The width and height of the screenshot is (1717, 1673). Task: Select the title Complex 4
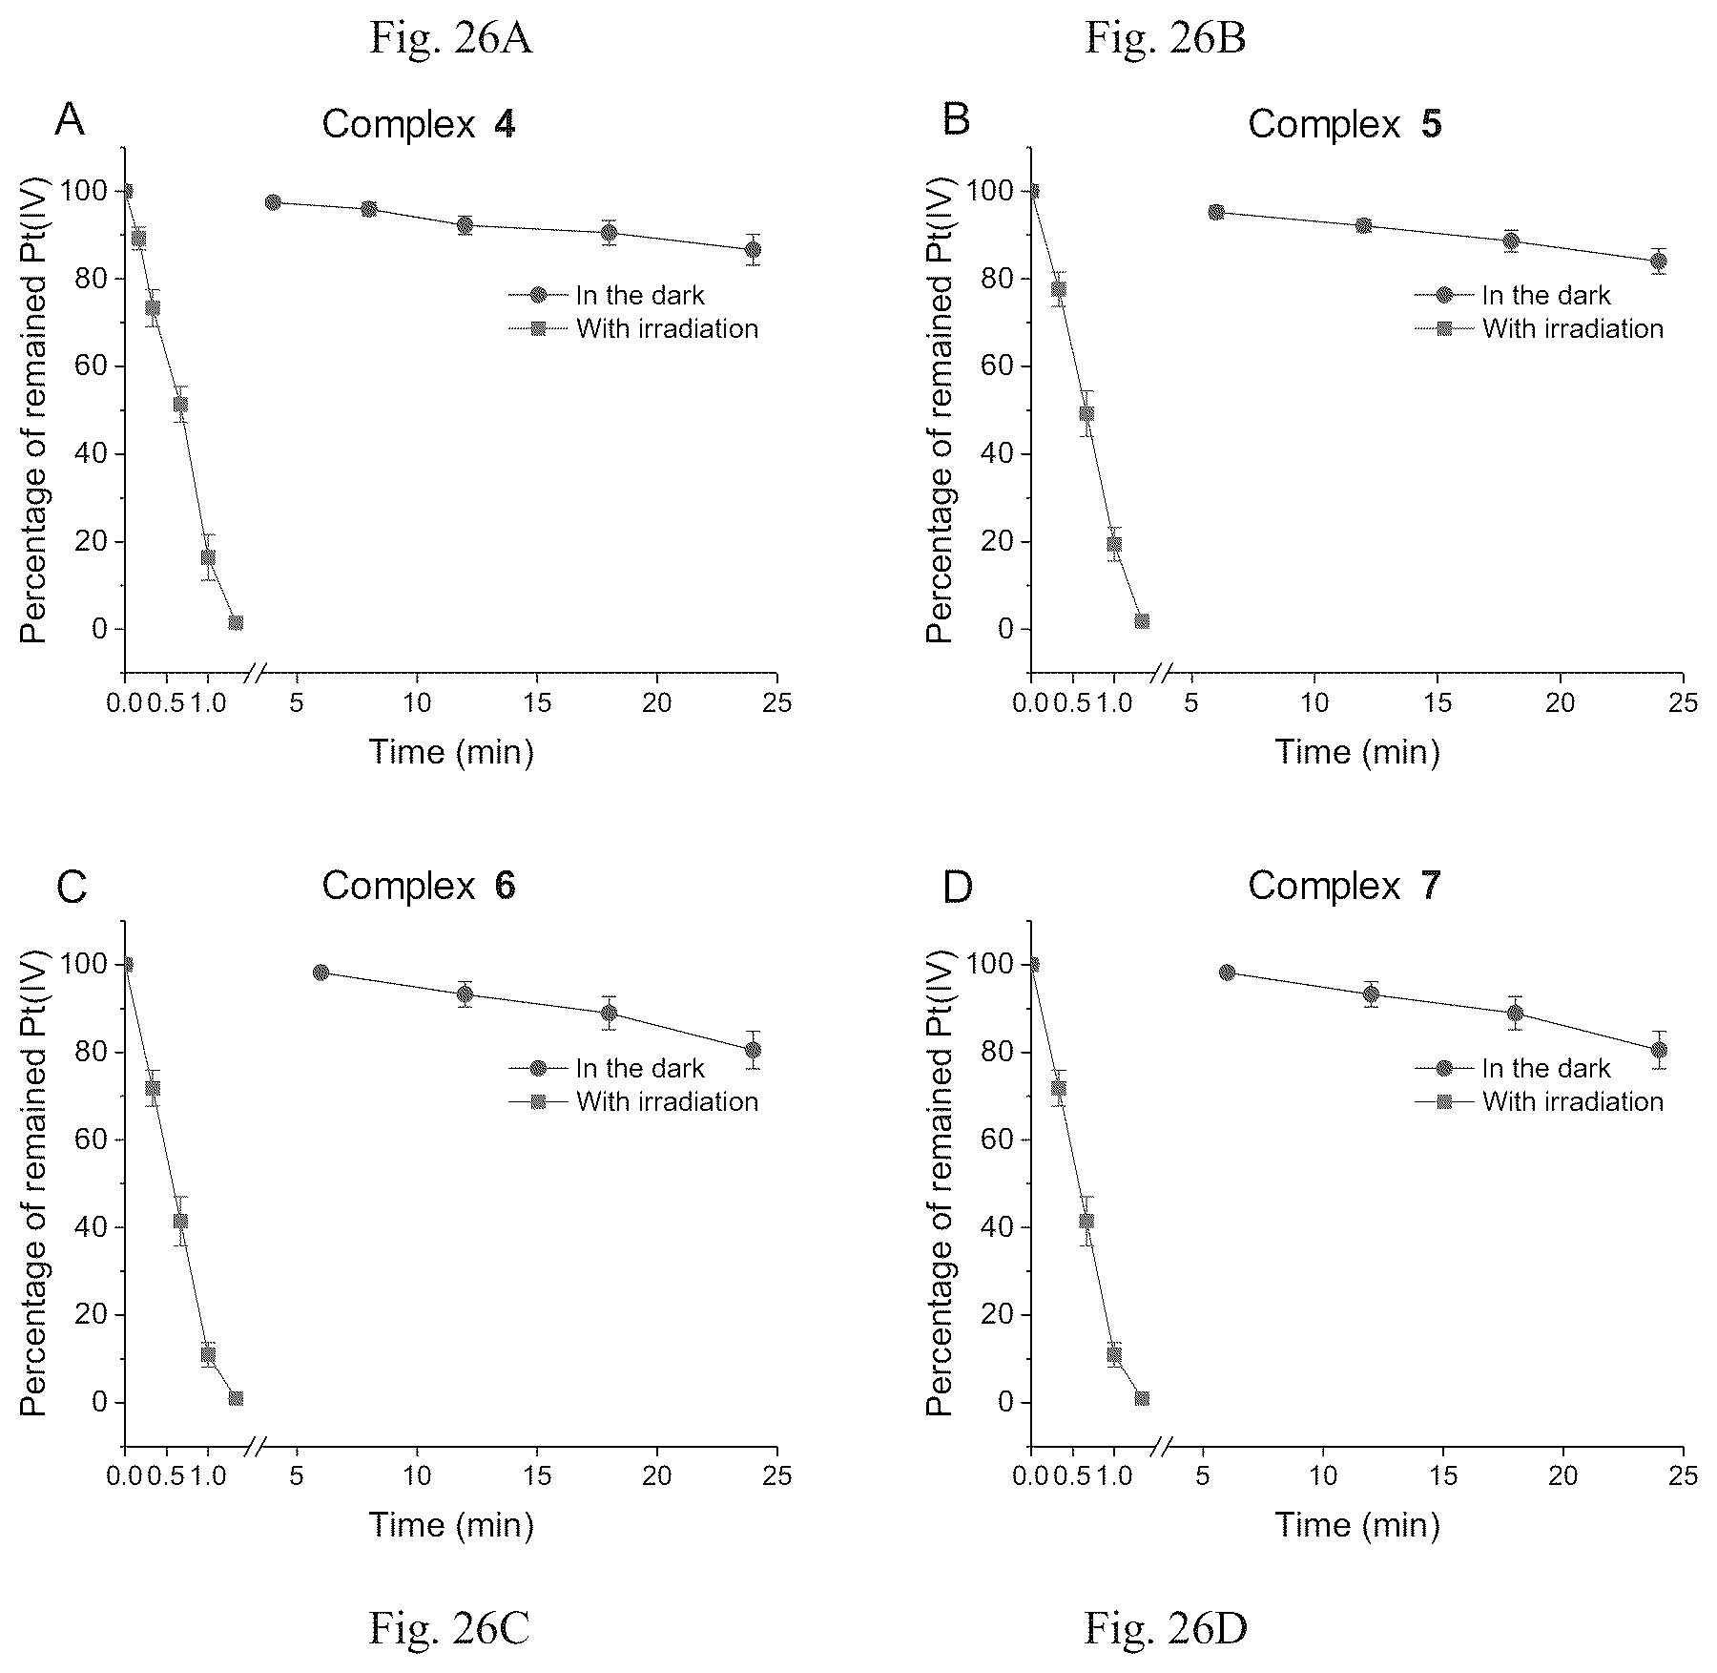[x=419, y=124]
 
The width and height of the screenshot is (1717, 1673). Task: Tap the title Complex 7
[x=1344, y=886]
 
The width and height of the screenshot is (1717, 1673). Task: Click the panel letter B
[x=956, y=120]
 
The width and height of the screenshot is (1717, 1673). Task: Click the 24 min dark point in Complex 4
[x=753, y=250]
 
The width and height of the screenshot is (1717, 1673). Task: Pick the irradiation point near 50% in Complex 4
[x=180, y=404]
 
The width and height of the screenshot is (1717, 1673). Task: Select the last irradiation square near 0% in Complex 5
[x=1142, y=621]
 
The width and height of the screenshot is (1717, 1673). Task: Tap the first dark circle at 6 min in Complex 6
[x=321, y=972]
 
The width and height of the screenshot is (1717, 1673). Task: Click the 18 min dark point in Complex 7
[x=1515, y=1013]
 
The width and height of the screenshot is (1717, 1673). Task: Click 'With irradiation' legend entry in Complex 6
[x=633, y=1101]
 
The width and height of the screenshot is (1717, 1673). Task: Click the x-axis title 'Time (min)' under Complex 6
[x=451, y=1525]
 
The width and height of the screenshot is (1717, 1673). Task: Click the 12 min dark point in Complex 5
[x=1363, y=225]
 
